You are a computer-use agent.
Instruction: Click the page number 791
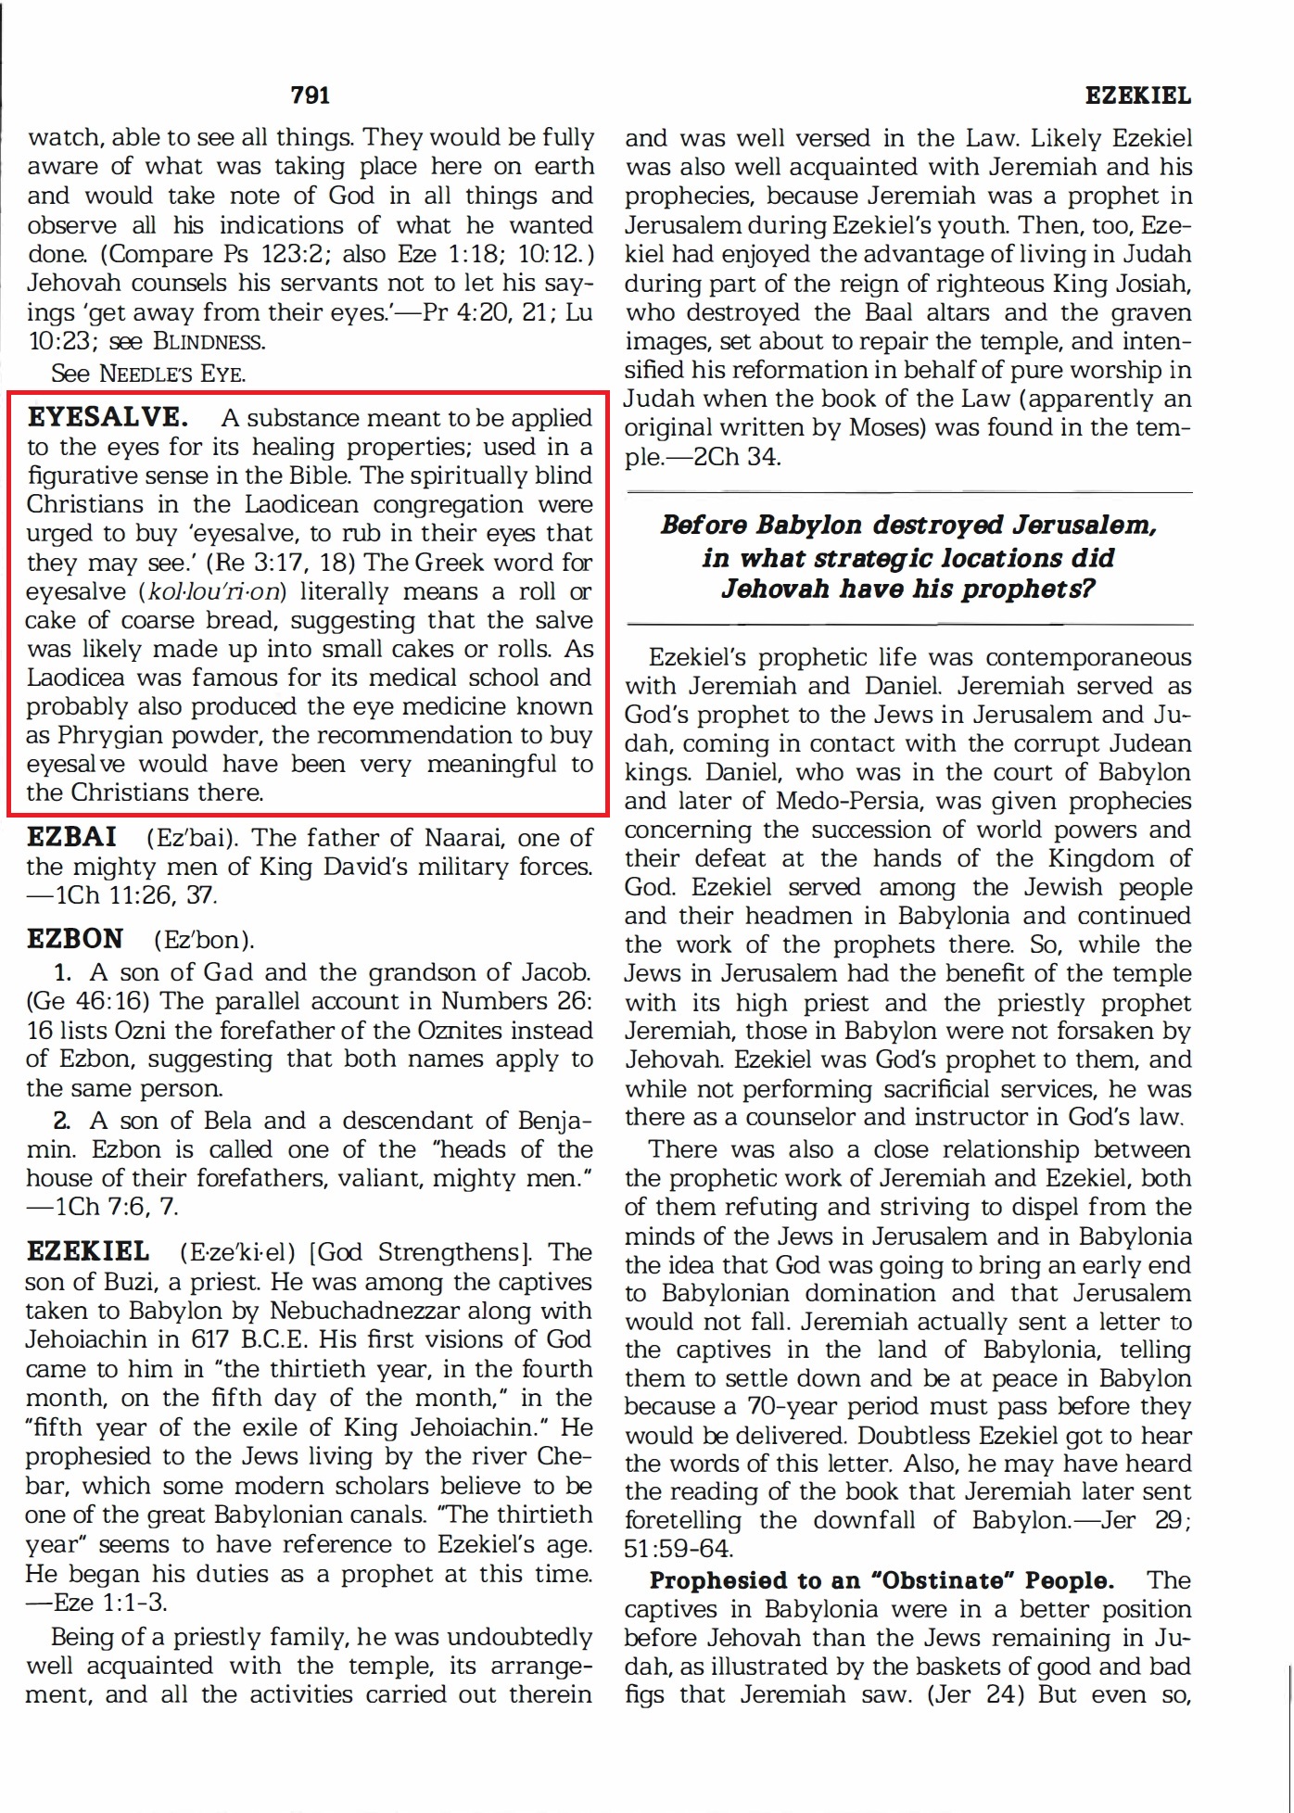pyautogui.click(x=310, y=95)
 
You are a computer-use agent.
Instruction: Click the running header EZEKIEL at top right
pyautogui.click(x=1137, y=95)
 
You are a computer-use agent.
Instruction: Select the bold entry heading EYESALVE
pyautogui.click(x=108, y=417)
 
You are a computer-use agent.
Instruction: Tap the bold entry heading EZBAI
pyautogui.click(x=71, y=837)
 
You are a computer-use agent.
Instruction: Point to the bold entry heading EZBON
pyautogui.click(x=74, y=939)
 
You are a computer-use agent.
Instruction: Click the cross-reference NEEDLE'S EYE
pyautogui.click(x=172, y=374)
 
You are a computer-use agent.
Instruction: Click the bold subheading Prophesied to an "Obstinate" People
pyautogui.click(x=882, y=1580)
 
